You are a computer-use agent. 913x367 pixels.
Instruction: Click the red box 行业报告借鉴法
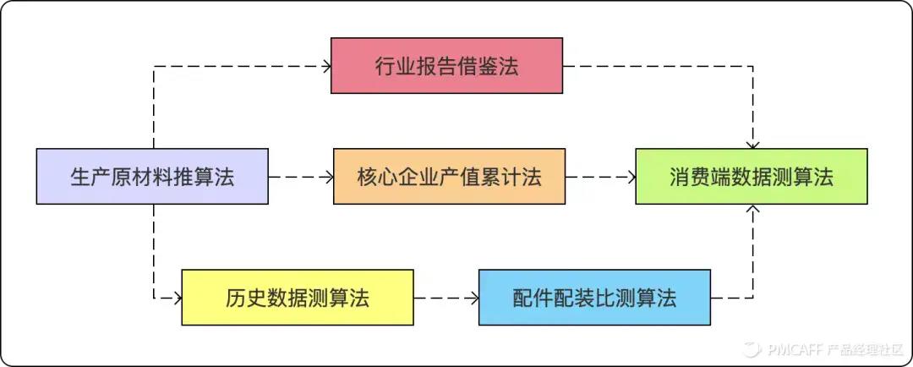tap(446, 65)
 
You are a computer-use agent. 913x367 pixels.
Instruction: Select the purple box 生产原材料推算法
tap(152, 177)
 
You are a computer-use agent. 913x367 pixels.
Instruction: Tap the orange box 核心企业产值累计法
tap(449, 177)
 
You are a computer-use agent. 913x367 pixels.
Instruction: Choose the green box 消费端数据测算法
tap(752, 177)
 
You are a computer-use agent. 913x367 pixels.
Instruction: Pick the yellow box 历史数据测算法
tap(298, 298)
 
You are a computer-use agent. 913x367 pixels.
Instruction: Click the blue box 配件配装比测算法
tap(594, 298)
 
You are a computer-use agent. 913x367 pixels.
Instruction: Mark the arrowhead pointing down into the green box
tap(752, 144)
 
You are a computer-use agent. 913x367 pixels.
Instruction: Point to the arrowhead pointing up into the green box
tap(752, 210)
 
